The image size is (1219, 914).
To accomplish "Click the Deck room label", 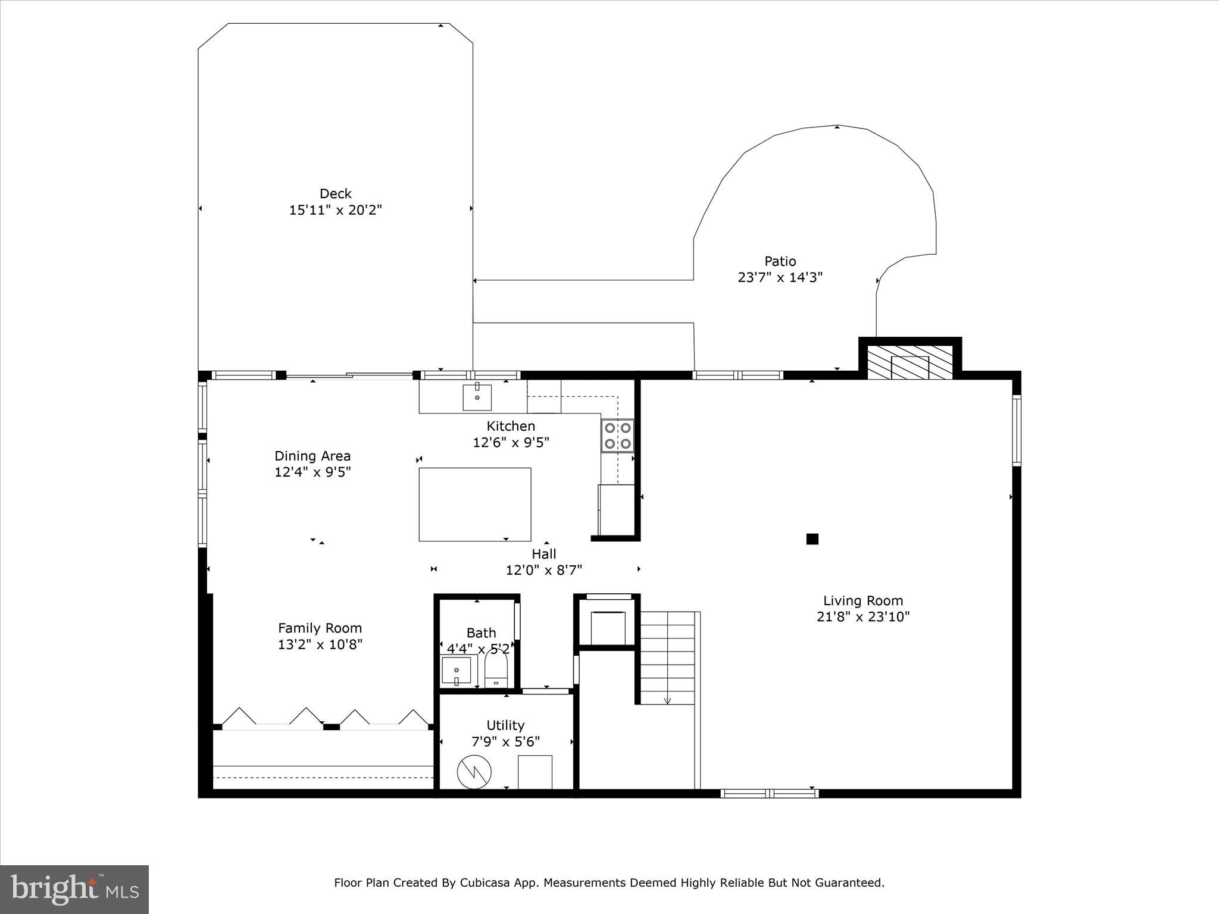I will (335, 193).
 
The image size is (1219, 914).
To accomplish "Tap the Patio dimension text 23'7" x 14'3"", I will (780, 277).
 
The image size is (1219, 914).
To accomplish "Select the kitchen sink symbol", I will (477, 397).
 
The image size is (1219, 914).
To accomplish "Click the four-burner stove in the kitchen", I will (617, 436).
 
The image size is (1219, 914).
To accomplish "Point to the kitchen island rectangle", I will (474, 504).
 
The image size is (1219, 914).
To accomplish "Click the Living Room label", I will (862, 600).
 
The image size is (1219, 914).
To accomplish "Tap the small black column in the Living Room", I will (812, 539).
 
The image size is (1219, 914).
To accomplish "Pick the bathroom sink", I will (457, 671).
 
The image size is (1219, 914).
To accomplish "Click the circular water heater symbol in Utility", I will (474, 772).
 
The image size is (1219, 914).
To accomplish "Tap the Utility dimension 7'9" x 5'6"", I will (505, 742).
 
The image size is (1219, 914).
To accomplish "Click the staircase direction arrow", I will (667, 700).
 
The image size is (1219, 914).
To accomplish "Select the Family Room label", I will (320, 628).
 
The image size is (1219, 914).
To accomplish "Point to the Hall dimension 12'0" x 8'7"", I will (543, 570).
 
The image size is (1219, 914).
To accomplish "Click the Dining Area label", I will (312, 456).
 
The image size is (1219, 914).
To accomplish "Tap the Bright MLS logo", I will (74, 890).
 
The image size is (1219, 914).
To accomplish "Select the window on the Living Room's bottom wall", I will (769, 793).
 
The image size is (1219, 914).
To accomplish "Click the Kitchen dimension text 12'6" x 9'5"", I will (511, 443).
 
